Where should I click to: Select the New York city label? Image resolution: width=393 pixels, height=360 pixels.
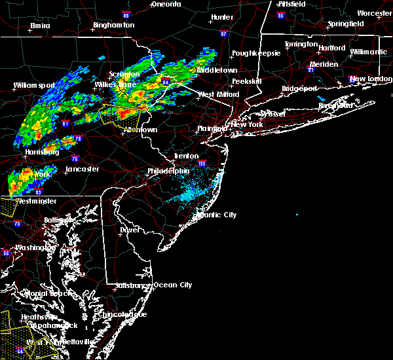[247, 124]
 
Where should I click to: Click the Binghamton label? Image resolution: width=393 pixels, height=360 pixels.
[113, 25]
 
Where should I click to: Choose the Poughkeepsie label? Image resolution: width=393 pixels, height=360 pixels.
[259, 52]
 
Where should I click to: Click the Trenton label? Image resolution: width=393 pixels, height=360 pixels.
[186, 156]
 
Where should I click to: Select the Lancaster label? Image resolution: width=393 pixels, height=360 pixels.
[83, 169]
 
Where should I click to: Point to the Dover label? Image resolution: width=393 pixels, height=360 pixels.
[130, 230]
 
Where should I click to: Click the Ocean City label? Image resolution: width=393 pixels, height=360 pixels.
[173, 285]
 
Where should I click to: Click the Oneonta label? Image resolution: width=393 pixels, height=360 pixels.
[166, 4]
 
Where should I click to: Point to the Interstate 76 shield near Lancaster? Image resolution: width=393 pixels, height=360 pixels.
[56, 158]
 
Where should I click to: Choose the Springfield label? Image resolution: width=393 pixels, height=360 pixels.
[347, 24]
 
